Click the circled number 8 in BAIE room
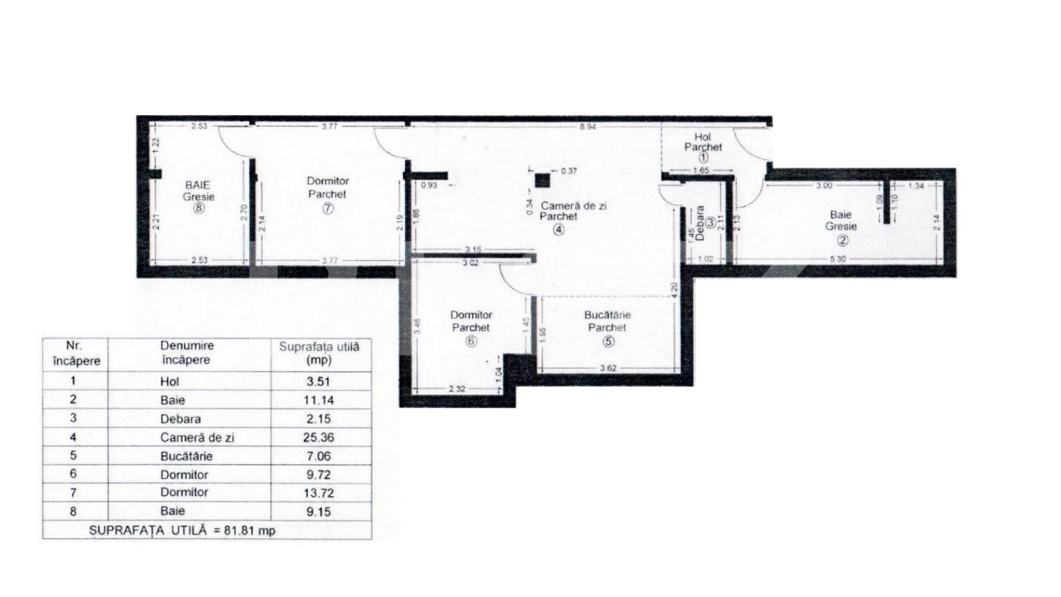[199, 208]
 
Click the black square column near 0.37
[542, 180]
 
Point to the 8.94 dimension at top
[588, 127]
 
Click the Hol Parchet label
[702, 142]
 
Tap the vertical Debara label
[700, 223]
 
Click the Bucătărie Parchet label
[608, 321]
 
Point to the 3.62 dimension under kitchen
[608, 368]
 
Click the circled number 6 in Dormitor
[471, 341]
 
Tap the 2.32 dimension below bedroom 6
[456, 388]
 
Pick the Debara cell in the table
[180, 419]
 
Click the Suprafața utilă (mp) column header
[319, 353]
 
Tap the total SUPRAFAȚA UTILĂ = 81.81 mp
[182, 530]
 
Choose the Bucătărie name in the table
[186, 456]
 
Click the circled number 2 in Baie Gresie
[842, 240]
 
